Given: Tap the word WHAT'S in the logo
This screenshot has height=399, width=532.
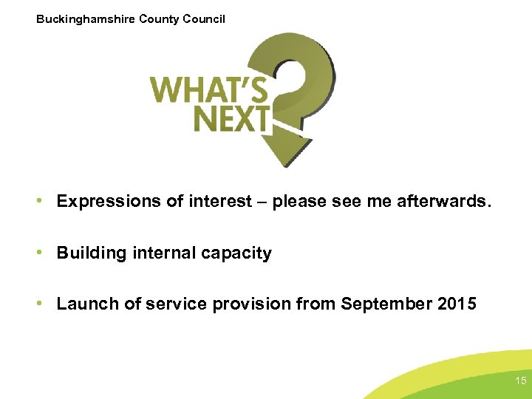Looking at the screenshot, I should (209, 90).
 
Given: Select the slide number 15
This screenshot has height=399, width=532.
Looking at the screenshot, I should (520, 381).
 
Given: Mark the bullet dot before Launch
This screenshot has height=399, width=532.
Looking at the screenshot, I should (46, 304).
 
